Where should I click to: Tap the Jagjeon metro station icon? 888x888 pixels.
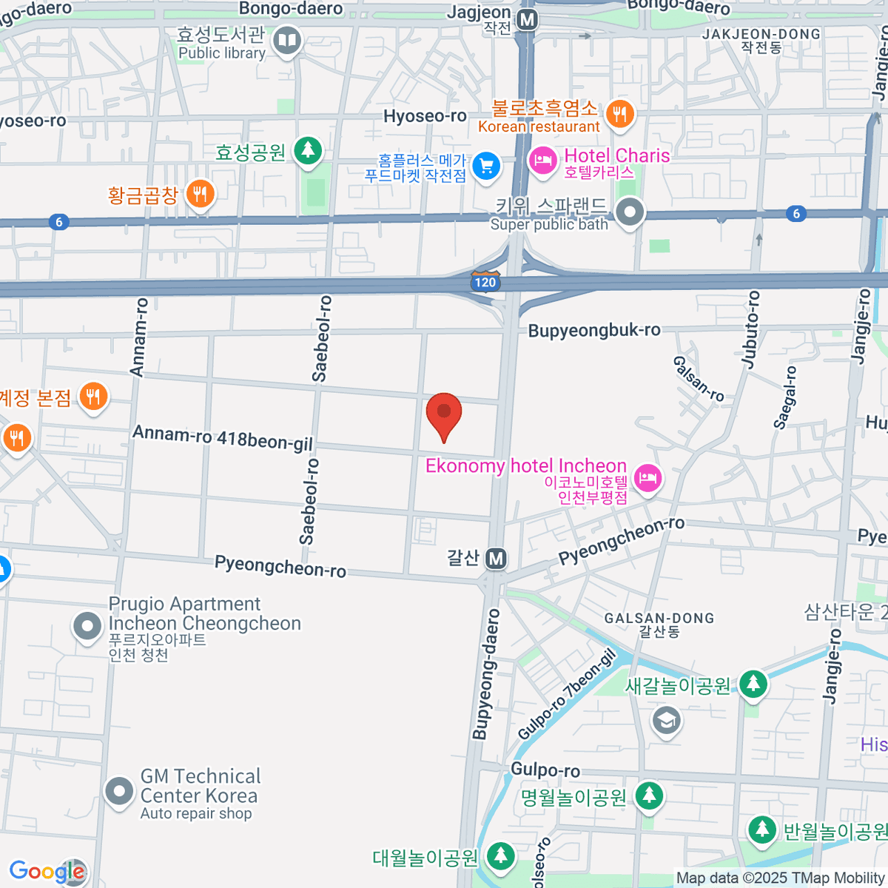527,20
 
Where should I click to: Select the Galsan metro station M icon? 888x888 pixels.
496,559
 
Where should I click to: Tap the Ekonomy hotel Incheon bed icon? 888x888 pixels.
647,477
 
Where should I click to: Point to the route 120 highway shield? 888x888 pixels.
485,282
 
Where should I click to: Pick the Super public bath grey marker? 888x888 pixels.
630,213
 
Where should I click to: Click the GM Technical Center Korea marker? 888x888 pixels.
118,791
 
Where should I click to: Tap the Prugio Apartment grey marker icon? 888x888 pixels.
87,627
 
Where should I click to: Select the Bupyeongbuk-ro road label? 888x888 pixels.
594,330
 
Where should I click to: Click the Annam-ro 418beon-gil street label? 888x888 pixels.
223,437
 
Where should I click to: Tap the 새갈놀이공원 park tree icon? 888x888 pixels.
753,684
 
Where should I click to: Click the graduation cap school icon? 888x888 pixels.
666,719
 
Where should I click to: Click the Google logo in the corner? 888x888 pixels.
47,872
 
